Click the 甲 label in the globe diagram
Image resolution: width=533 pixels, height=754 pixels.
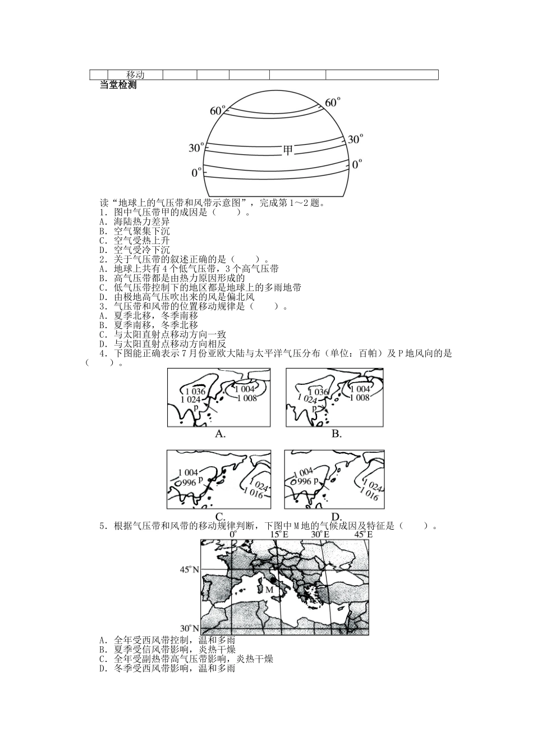[288, 150]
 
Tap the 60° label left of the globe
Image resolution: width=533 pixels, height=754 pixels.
[218, 111]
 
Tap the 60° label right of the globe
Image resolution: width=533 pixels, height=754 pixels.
[333, 102]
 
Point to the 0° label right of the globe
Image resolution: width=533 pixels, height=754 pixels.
[357, 164]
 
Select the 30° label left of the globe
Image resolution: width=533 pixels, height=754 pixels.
[196, 148]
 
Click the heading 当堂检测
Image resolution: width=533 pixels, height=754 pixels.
[118, 85]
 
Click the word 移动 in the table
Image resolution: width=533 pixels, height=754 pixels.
[135, 75]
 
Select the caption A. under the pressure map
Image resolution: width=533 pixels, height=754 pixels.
[220, 434]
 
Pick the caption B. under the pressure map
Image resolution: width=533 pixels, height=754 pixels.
[336, 434]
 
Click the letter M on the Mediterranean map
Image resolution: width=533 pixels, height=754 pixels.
[269, 590]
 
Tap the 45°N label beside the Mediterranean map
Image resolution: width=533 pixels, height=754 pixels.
[190, 569]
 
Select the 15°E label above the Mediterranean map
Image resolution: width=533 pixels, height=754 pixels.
[279, 535]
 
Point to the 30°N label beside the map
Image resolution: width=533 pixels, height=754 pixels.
[190, 628]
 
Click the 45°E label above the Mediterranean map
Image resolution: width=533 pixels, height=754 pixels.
[362, 535]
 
